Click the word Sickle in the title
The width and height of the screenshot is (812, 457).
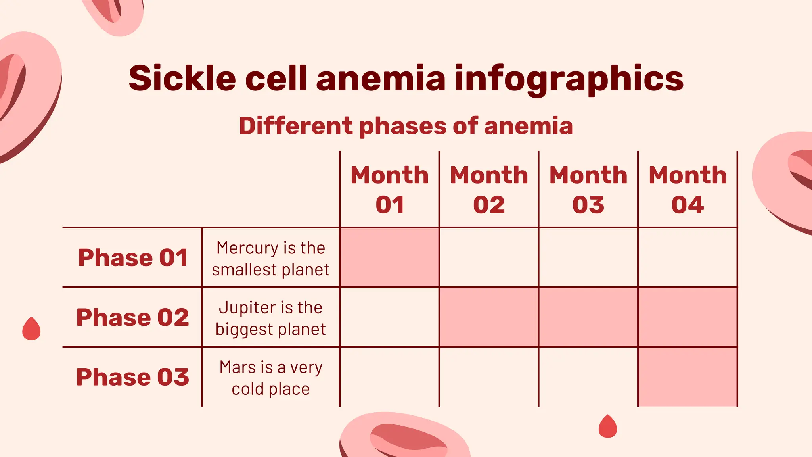pyautogui.click(x=182, y=78)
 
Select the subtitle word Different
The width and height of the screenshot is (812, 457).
pyautogui.click(x=295, y=126)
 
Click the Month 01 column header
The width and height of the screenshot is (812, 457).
pyautogui.click(x=389, y=190)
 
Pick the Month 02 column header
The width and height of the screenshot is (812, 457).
pyautogui.click(x=489, y=190)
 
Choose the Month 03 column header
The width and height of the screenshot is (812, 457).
pyautogui.click(x=588, y=190)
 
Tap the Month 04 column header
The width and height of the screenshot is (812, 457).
pyautogui.click(x=688, y=190)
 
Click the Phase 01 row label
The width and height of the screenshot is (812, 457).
pyautogui.click(x=133, y=257)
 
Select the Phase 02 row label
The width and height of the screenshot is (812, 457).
pyautogui.click(x=133, y=317)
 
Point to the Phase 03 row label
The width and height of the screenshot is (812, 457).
pyautogui.click(x=133, y=377)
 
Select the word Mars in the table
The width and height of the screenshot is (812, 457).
pyautogui.click(x=233, y=367)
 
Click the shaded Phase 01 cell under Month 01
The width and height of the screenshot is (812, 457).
pyautogui.click(x=389, y=257)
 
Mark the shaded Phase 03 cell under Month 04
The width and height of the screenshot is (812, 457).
pyautogui.click(x=688, y=377)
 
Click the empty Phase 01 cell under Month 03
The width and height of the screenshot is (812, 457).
pyautogui.click(x=588, y=257)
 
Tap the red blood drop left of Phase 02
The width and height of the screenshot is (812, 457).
pyautogui.click(x=31, y=329)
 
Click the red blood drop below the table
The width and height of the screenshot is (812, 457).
pyautogui.click(x=608, y=427)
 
